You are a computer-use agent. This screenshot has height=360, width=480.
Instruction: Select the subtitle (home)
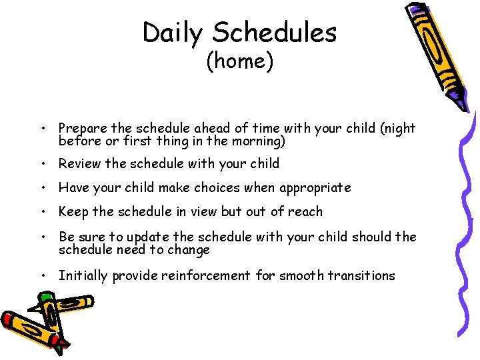coord(239,61)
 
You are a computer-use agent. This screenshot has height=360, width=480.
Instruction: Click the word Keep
coord(73,211)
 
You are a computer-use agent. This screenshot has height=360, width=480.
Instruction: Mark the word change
coord(191,250)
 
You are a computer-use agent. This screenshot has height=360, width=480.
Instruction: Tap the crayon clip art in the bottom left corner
coord(40,323)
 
